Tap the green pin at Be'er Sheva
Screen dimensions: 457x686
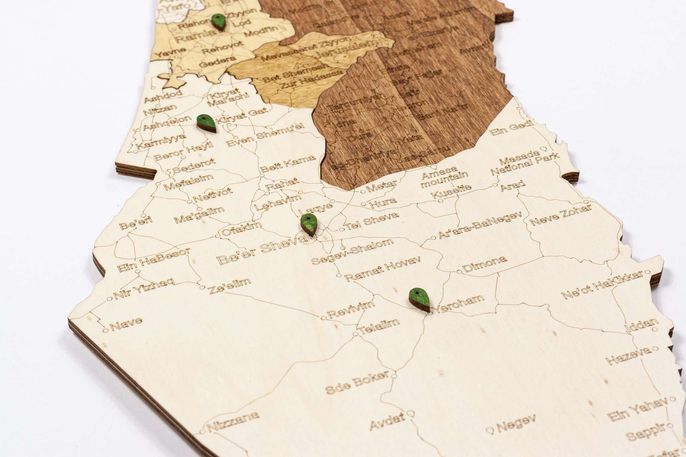(309, 224)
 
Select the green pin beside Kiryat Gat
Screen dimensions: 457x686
(206, 124)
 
